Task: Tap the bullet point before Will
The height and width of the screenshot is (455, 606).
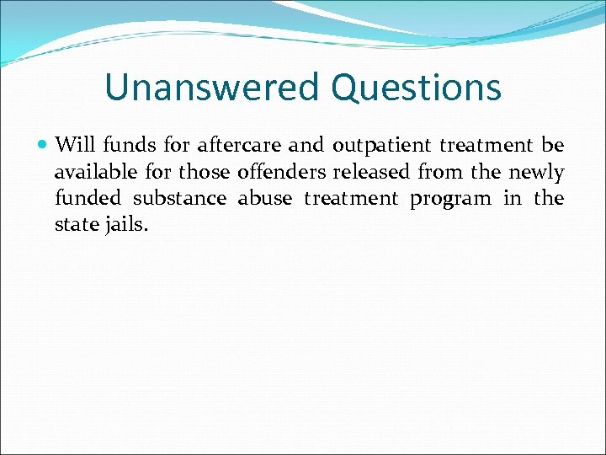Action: coord(44,146)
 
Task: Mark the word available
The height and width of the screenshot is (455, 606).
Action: coord(95,173)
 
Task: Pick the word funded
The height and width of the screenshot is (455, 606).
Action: coord(82,199)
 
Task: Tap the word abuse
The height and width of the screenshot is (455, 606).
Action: coord(264,199)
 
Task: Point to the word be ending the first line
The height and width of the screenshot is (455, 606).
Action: coord(553,146)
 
